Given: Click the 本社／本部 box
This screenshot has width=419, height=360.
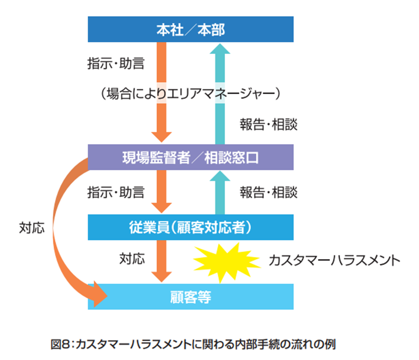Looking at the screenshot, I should pyautogui.click(x=190, y=30).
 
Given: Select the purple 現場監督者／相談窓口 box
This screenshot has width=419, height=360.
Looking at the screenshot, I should pyautogui.click(x=190, y=157).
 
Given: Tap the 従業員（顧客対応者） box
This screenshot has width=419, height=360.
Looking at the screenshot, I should pyautogui.click(x=190, y=227).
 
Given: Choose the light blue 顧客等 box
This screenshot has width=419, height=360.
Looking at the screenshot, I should pyautogui.click(x=190, y=297).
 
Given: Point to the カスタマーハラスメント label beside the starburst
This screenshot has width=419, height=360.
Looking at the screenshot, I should pyautogui.click(x=334, y=260).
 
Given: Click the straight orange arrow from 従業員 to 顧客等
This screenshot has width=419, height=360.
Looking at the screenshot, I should pyautogui.click(x=162, y=260).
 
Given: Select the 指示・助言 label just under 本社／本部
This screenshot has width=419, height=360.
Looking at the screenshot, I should pyautogui.click(x=116, y=64).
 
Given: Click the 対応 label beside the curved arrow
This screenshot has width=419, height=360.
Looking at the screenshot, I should pyautogui.click(x=32, y=228).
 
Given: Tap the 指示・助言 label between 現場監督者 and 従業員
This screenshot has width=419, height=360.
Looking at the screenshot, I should pyautogui.click(x=116, y=192).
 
